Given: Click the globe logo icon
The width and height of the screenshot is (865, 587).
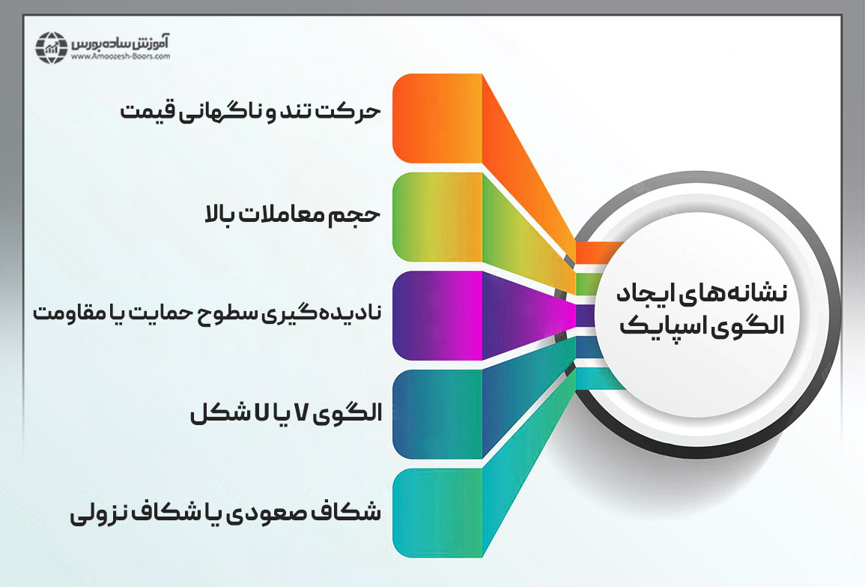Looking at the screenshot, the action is click(52, 47).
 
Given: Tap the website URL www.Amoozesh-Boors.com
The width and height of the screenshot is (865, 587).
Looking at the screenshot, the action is click(121, 56).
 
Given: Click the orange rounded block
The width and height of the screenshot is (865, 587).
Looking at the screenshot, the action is click(437, 118).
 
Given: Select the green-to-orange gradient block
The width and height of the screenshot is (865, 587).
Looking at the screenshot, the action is click(437, 217).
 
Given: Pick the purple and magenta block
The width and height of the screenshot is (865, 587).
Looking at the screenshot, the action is click(437, 316).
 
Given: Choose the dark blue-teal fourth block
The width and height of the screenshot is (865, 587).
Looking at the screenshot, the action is click(437, 414).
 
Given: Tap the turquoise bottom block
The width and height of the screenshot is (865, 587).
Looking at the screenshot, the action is click(437, 513).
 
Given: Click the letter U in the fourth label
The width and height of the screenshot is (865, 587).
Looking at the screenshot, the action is click(260, 412).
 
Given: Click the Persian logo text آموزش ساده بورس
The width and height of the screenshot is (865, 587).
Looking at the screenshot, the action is click(120, 43).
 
